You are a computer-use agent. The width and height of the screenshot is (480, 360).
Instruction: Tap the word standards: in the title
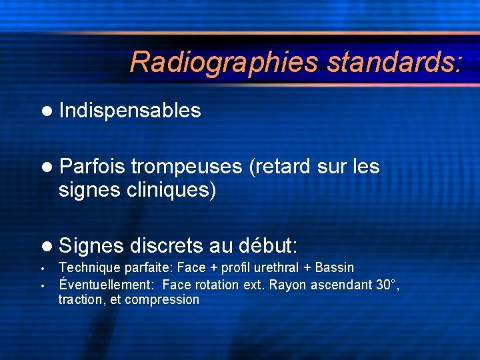coord(393,62)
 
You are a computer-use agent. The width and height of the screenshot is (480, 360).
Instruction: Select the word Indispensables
coord(129,111)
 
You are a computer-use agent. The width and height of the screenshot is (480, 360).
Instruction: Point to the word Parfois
coord(92,166)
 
